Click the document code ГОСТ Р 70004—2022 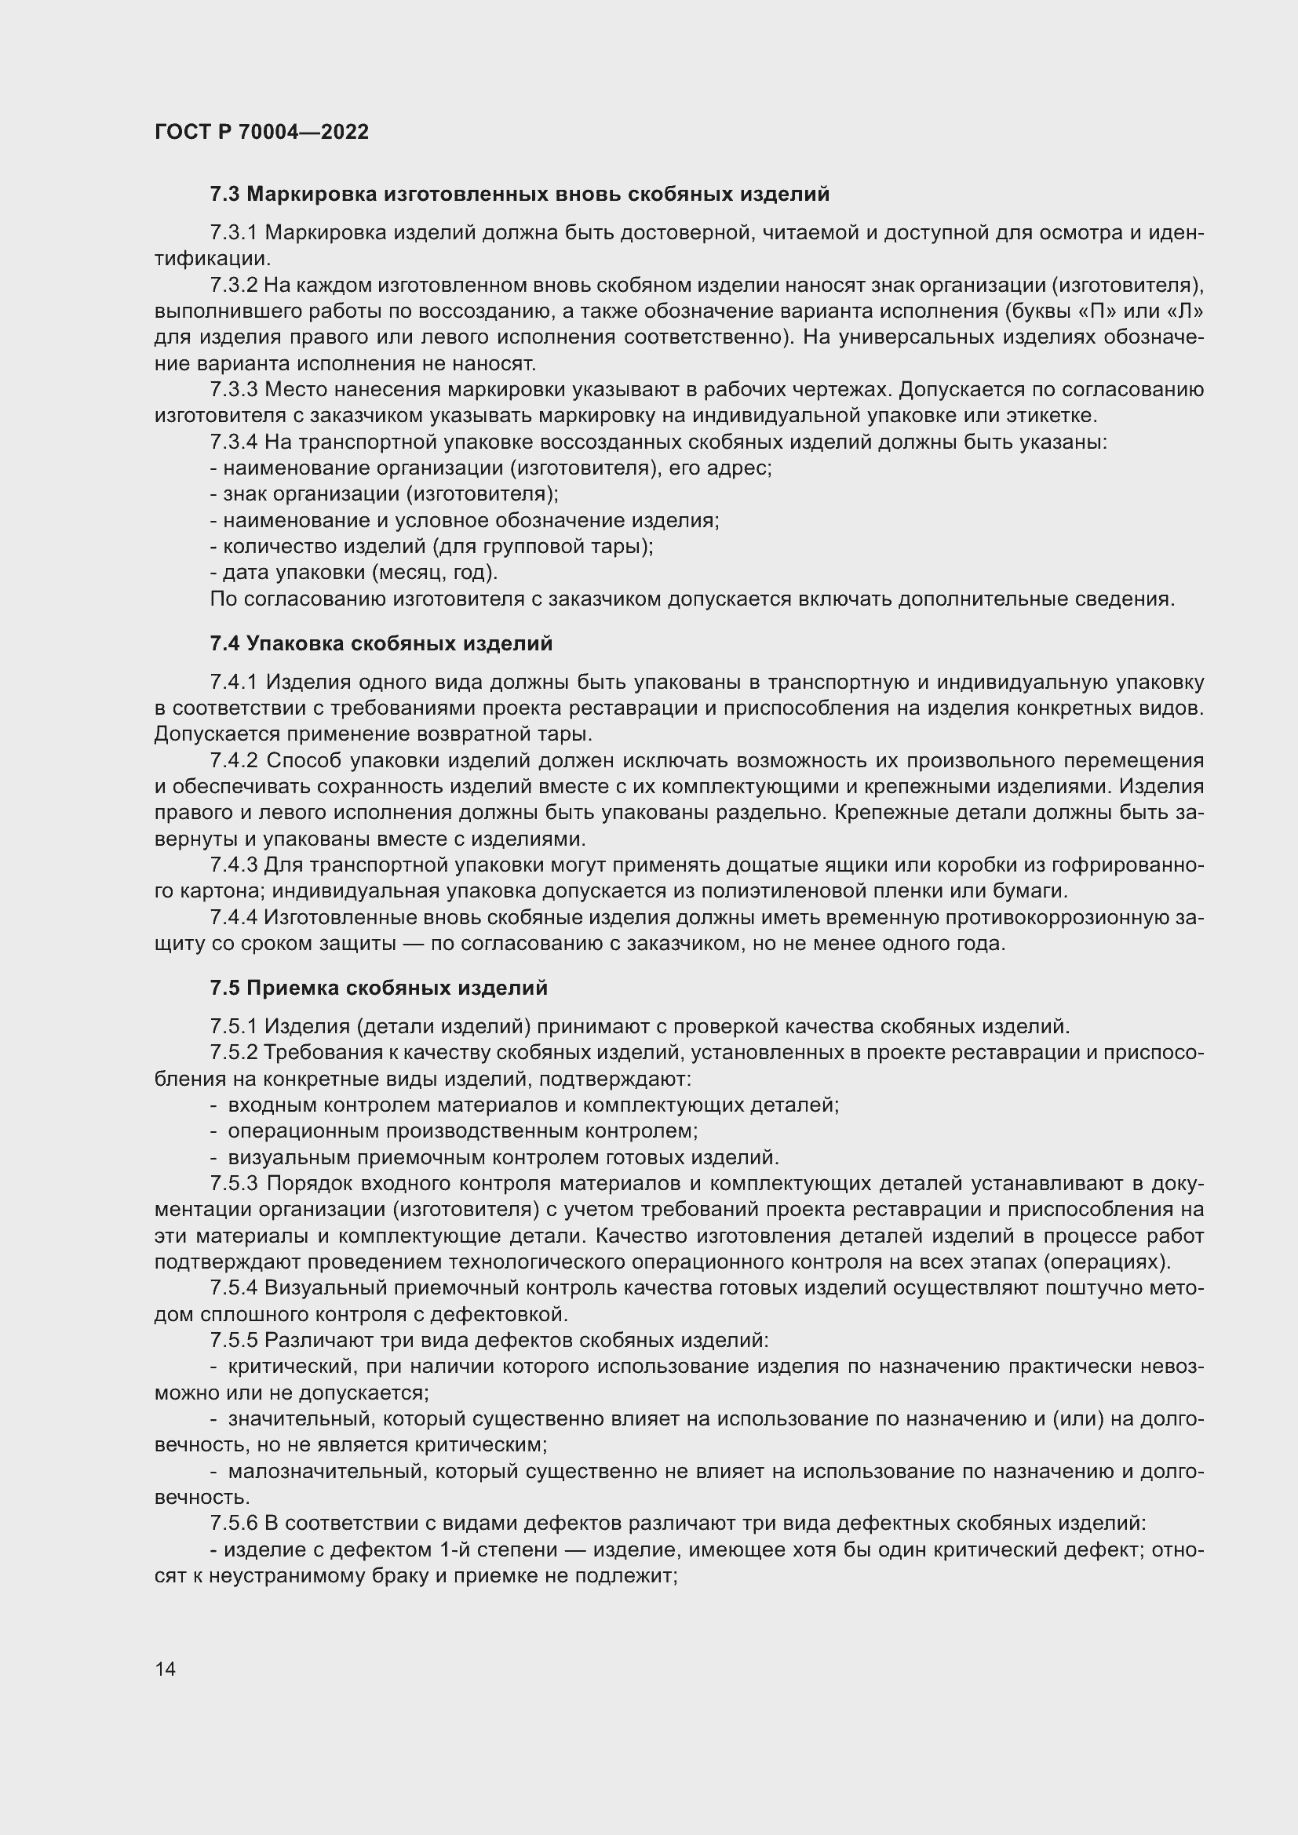tap(261, 132)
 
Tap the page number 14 tap(166, 1669)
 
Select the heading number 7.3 tap(224, 195)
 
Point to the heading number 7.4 tap(224, 643)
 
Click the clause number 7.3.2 tap(233, 286)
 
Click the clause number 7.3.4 tap(233, 442)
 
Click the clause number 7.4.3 tap(233, 865)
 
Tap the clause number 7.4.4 tap(233, 918)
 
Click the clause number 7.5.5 tap(233, 1339)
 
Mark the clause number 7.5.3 tap(233, 1183)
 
